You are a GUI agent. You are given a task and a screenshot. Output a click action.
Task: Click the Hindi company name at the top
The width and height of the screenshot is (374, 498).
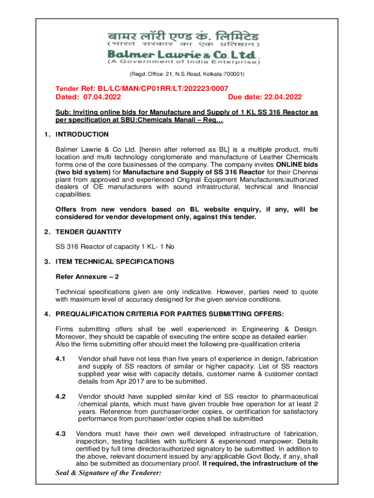click(184, 36)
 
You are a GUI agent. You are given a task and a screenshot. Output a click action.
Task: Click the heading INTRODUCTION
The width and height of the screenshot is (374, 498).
click(82, 134)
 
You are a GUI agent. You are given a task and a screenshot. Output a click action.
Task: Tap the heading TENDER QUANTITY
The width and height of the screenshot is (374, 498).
click(88, 232)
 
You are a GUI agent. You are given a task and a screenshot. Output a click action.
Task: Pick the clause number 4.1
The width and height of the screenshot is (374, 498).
click(61, 359)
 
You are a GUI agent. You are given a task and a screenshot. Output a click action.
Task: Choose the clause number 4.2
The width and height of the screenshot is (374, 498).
click(61, 396)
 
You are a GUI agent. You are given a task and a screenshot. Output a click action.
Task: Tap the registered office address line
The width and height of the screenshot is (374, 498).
click(187, 74)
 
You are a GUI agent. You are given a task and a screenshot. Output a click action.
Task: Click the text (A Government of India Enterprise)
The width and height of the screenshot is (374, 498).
click(184, 62)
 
